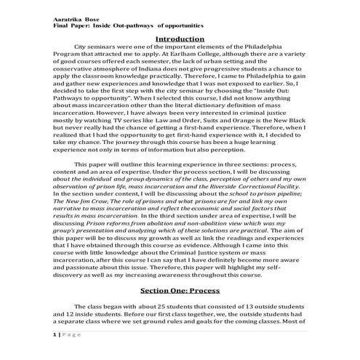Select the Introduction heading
tap(180, 38)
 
